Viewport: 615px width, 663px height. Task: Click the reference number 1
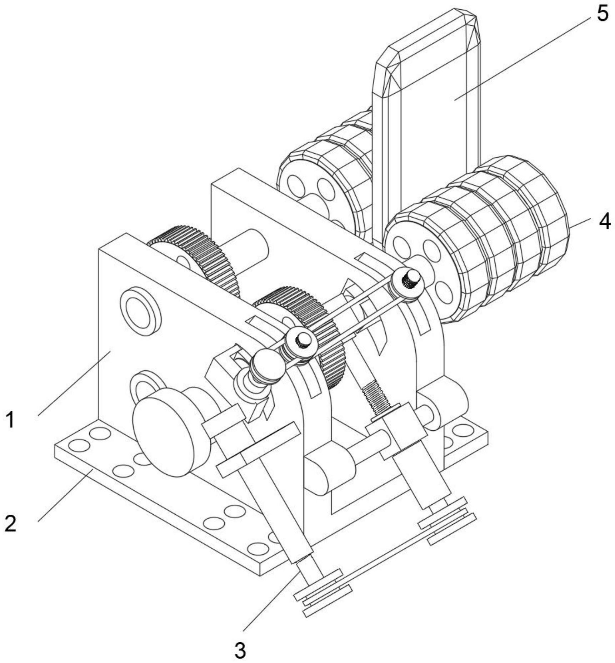11,420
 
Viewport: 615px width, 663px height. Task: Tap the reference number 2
11,524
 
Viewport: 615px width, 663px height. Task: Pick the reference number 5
602,15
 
